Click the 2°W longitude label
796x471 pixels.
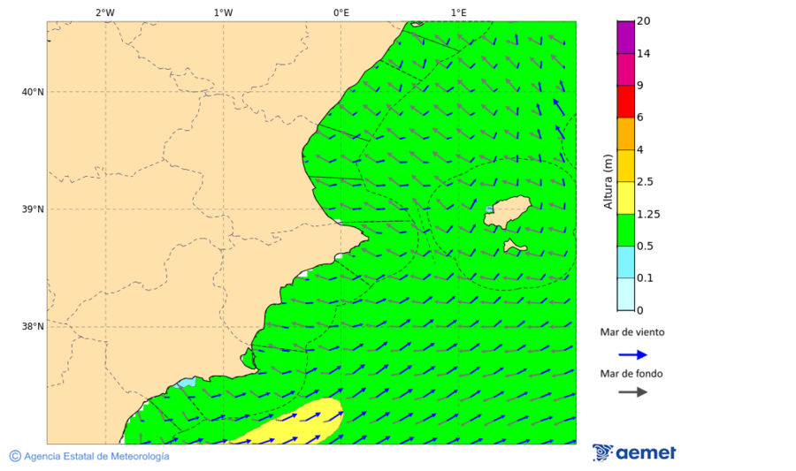(104, 12)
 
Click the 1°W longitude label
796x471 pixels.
(223, 12)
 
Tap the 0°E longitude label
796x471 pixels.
(341, 12)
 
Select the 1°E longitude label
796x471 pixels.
(458, 12)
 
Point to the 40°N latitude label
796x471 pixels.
(32, 92)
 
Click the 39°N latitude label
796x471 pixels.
(32, 209)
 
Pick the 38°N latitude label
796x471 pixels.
(32, 327)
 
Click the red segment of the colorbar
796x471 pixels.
(625, 101)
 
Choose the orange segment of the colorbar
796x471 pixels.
(625, 133)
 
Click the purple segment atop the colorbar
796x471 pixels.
(625, 37)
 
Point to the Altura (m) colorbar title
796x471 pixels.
(608, 181)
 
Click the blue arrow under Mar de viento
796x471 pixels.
(632, 354)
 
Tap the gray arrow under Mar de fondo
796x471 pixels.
(632, 392)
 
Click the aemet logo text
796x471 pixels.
(645, 453)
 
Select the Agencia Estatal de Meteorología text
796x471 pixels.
(96, 456)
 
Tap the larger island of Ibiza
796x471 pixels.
(507, 212)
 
